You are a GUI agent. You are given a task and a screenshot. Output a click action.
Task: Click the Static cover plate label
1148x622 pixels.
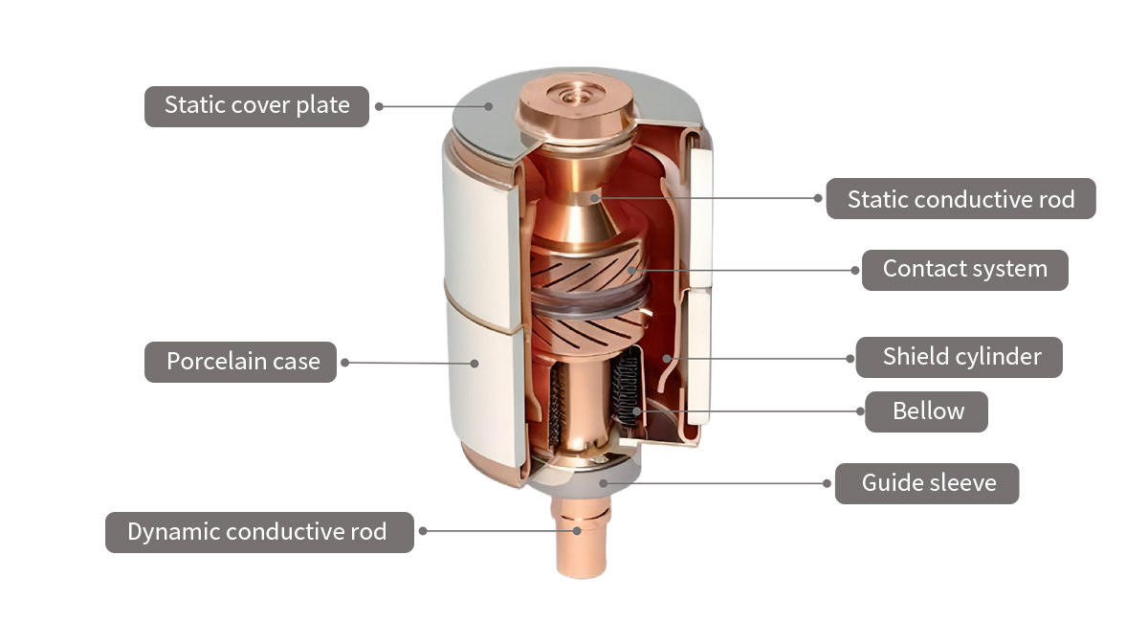point(256,105)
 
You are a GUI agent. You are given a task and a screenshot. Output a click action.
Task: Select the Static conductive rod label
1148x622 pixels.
point(960,199)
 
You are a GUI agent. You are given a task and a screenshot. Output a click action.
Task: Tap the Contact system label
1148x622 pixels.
point(964,270)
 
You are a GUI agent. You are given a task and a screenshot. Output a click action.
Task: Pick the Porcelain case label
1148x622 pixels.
point(241,362)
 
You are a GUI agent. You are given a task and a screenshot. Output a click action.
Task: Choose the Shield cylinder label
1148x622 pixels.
point(960,357)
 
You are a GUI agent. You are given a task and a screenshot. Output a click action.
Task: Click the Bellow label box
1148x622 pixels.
point(927,411)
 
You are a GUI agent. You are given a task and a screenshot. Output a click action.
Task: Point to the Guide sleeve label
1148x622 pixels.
point(927,483)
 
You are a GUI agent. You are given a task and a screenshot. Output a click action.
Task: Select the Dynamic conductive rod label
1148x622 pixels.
point(258,532)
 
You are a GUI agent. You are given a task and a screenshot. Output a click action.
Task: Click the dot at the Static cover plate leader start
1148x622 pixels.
point(379,106)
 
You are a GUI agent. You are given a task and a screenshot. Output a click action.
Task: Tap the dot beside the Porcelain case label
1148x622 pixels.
point(345,362)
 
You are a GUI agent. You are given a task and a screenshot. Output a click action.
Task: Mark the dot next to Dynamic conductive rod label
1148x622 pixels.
point(423,531)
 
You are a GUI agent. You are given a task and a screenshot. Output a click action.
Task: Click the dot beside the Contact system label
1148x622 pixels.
point(855,270)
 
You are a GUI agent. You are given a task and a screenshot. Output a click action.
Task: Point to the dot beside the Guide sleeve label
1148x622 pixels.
point(828,483)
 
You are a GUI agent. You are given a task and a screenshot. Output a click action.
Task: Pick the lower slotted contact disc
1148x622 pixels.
point(584,330)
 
